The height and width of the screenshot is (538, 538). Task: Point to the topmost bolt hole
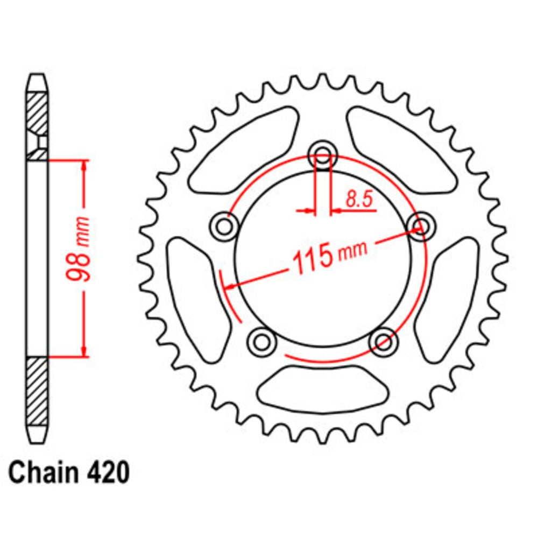323,157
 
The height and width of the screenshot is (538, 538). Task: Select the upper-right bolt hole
421,224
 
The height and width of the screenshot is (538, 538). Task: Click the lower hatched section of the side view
37,390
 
